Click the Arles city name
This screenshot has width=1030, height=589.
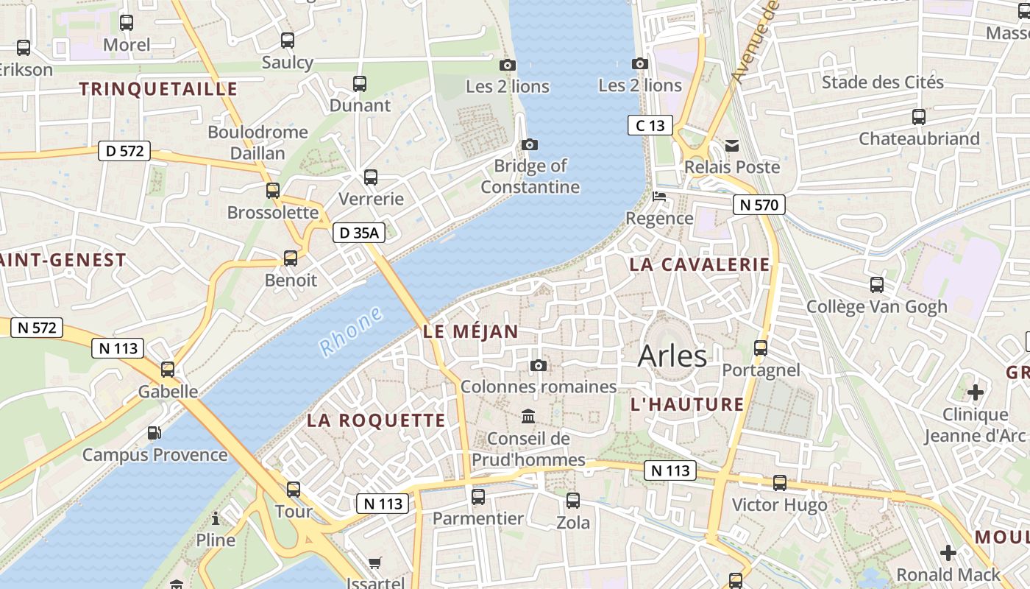click(672, 356)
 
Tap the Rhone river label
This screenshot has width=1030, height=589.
click(352, 331)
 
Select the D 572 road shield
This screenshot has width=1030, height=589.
click(124, 152)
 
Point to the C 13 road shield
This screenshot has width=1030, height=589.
click(650, 126)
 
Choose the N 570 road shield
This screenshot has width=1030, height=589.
click(759, 205)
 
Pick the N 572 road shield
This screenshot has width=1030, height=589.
click(37, 328)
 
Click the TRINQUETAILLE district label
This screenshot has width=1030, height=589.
click(158, 90)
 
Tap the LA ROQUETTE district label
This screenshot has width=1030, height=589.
click(376, 420)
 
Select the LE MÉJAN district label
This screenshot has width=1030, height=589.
click(471, 332)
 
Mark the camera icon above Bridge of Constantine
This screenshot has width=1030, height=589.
click(529, 144)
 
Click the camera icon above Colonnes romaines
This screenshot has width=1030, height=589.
click(539, 365)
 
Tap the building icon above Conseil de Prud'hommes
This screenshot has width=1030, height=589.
click(528, 417)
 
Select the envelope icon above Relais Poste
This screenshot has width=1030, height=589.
click(732, 146)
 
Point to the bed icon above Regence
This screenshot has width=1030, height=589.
click(659, 197)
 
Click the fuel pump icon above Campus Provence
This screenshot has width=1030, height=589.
click(154, 433)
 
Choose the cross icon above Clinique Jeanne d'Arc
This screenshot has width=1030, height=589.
click(975, 392)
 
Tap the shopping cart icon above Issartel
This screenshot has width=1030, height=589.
click(375, 563)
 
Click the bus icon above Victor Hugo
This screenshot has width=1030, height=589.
click(779, 483)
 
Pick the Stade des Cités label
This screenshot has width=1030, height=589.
click(882, 82)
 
